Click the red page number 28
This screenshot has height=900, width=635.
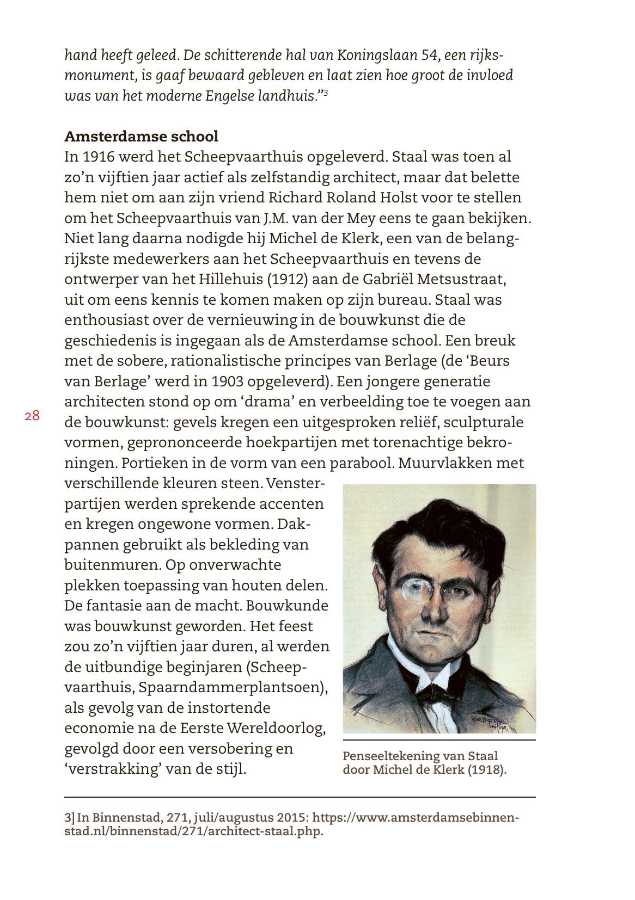pyautogui.click(x=32, y=416)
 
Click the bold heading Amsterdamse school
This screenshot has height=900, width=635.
pyautogui.click(x=141, y=136)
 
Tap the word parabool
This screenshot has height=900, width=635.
pyautogui.click(x=362, y=464)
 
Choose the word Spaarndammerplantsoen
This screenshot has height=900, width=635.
pyautogui.click(x=232, y=687)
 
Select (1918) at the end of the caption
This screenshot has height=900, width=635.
pyautogui.click(x=487, y=770)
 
